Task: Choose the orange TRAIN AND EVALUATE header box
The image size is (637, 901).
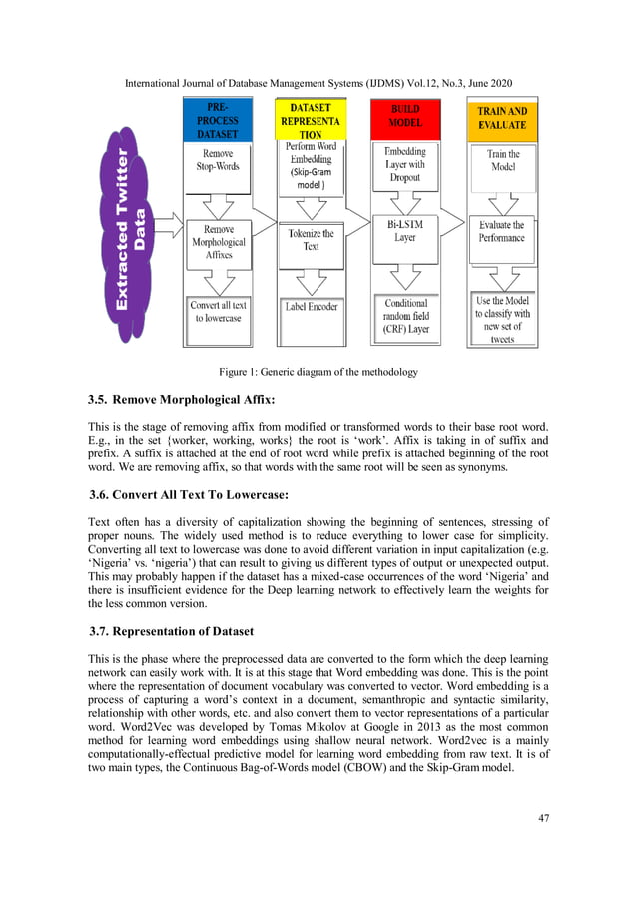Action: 502,119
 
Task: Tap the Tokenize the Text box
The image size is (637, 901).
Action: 312,239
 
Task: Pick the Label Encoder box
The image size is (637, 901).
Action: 312,307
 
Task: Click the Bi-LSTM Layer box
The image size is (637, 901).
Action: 405,231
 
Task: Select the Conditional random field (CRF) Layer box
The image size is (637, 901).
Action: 405,315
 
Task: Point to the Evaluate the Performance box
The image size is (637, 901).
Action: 501,232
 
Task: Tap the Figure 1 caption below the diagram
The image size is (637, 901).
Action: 318,373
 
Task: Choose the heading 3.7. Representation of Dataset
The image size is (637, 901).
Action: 169,632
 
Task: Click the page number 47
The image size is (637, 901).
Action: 543,818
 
